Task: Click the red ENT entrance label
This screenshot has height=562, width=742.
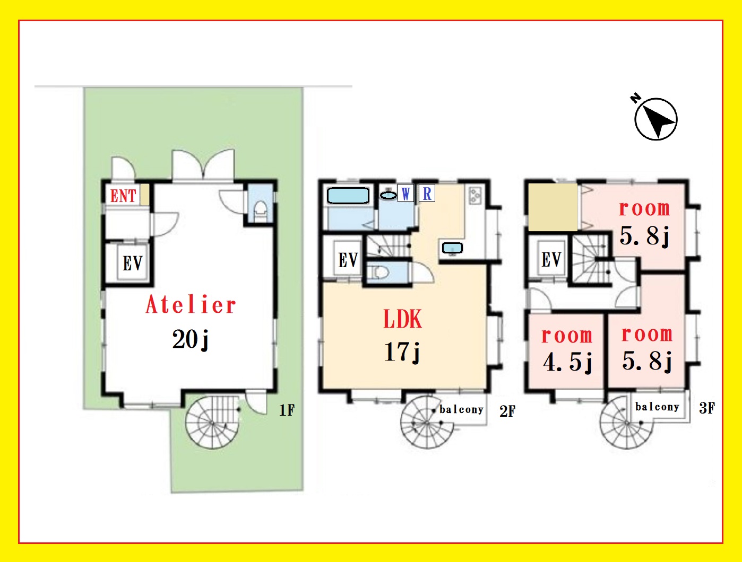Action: click(x=123, y=196)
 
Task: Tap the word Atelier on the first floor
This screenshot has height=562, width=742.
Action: click(x=191, y=304)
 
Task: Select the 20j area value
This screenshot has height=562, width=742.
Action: click(x=191, y=339)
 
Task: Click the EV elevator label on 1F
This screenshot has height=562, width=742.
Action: click(x=133, y=264)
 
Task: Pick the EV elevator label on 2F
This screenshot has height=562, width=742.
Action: click(x=348, y=260)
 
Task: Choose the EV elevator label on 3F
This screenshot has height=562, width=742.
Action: click(x=551, y=260)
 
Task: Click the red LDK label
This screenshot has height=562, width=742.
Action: click(x=403, y=319)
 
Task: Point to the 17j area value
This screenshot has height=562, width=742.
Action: click(x=402, y=352)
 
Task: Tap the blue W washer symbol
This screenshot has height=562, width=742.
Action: click(x=405, y=194)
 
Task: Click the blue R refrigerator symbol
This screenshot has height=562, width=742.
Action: click(x=427, y=194)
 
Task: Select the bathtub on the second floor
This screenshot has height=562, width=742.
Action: click(x=348, y=196)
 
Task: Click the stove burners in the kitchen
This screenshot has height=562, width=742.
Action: click(x=475, y=196)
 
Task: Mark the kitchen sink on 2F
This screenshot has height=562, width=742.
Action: click(x=453, y=248)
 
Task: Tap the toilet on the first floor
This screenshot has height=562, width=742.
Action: click(x=260, y=211)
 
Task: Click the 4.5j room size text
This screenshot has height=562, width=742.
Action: click(x=567, y=362)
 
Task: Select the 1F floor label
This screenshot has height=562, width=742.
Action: click(x=287, y=410)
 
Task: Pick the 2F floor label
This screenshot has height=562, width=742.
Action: click(x=507, y=411)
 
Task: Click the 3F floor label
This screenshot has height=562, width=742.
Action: click(x=707, y=408)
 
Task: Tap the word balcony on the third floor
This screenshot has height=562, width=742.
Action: click(x=657, y=407)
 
